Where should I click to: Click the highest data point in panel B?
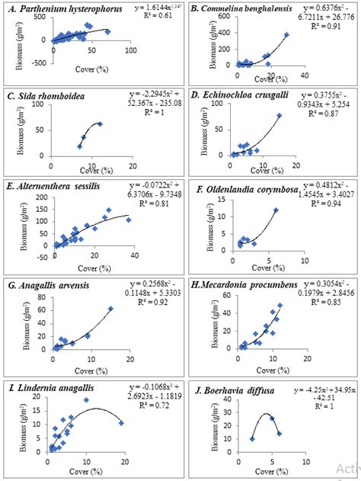pyautogui.click(x=286, y=34)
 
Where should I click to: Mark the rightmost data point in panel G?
pyautogui.click(x=110, y=309)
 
